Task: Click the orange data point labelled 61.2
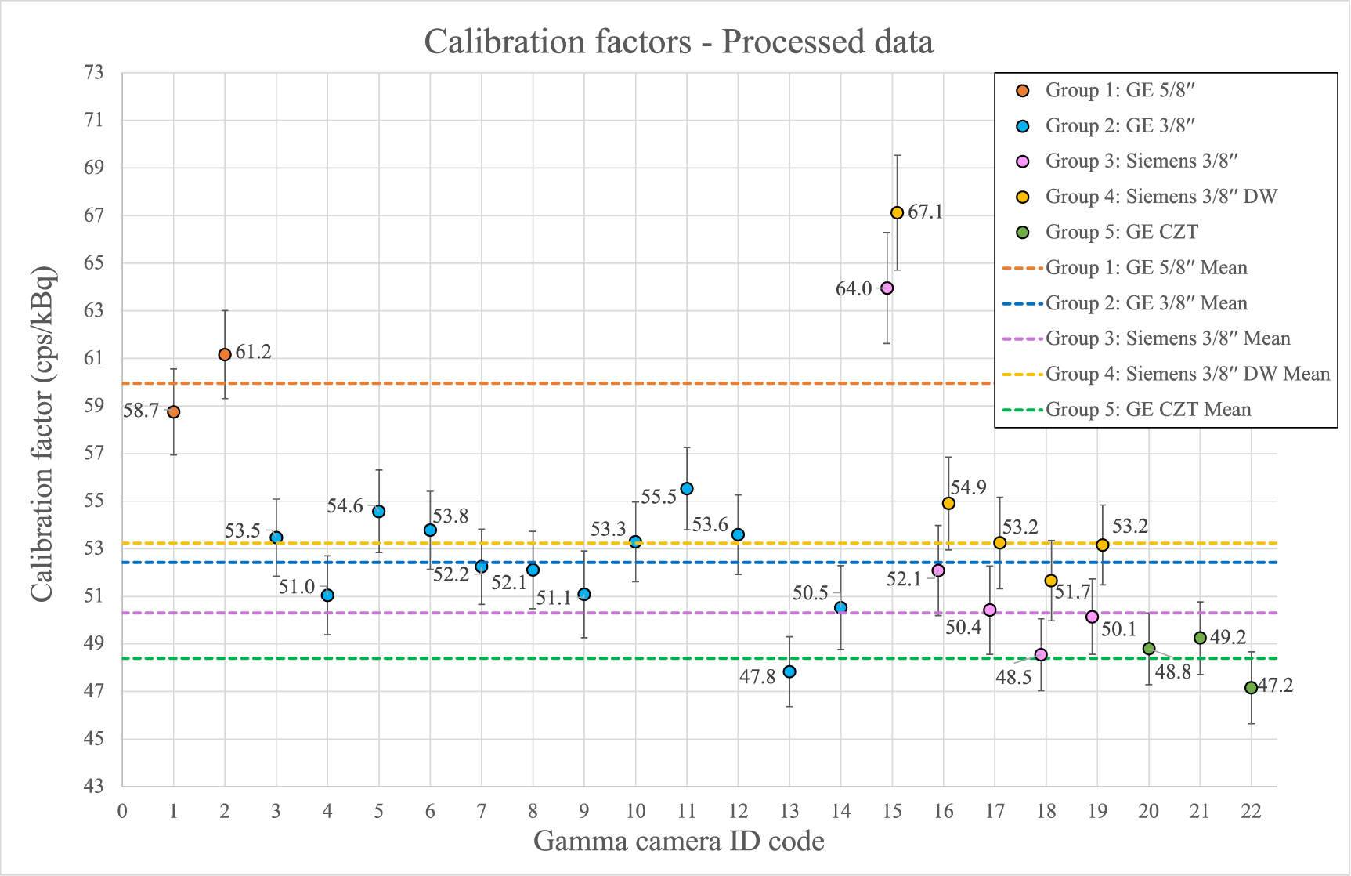225,354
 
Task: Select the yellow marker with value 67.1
897,213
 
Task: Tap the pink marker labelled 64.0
887,288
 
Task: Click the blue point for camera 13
789,671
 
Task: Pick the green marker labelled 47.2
1251,687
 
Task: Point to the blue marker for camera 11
687,489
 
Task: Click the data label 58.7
141,411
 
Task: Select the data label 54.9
968,487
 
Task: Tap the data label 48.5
1013,678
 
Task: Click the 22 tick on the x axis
1251,811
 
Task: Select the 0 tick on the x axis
122,811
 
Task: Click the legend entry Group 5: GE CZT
1121,232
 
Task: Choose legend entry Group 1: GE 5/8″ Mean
1146,268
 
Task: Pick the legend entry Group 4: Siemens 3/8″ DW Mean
1187,374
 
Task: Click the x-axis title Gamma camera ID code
678,841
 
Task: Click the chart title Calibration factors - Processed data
678,41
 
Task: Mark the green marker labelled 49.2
1200,638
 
